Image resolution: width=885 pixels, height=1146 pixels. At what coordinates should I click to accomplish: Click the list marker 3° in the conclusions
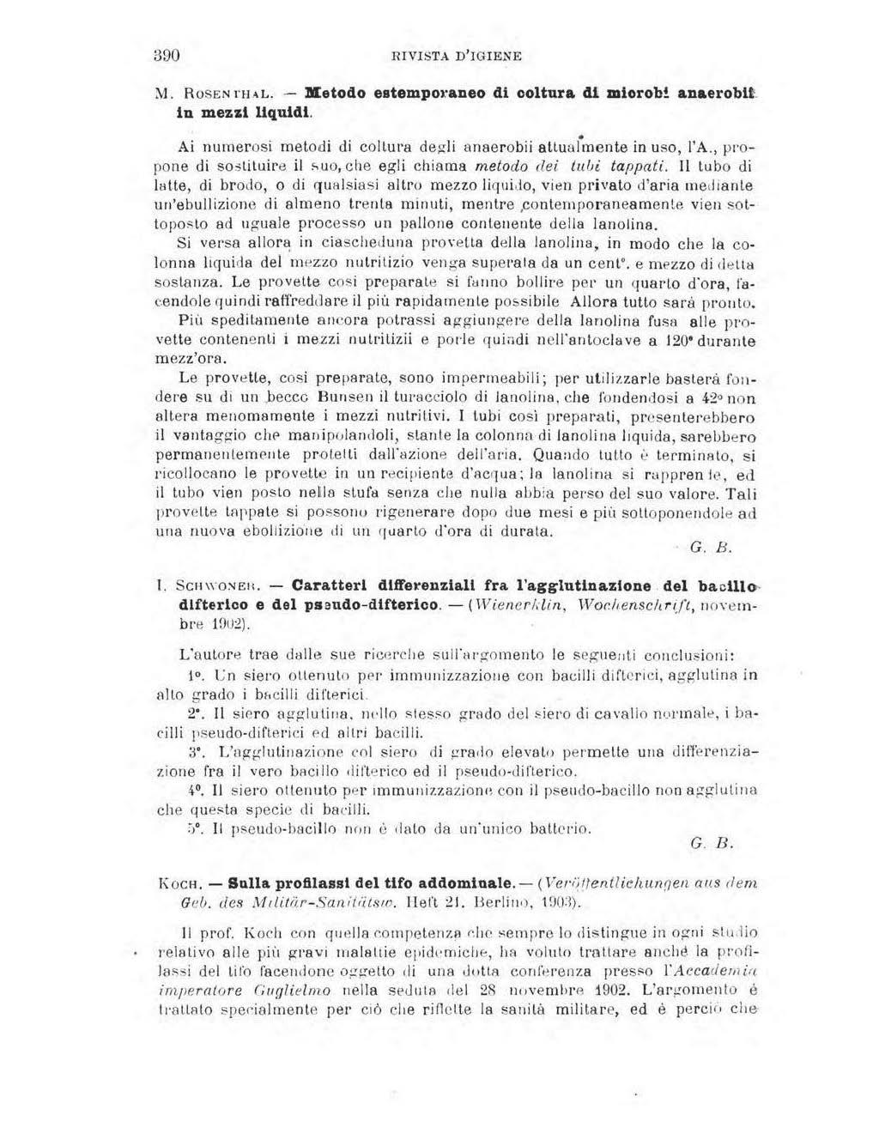coord(197,750)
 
